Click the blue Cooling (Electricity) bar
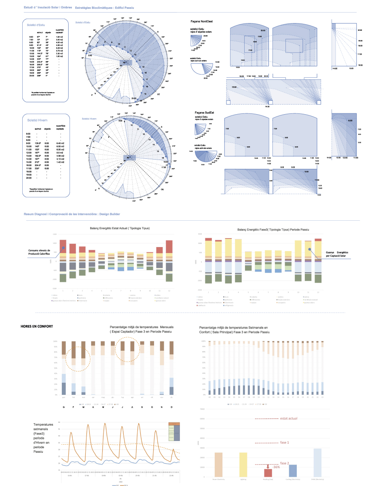(293, 470)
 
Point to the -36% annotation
(276, 467)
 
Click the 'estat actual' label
(288, 418)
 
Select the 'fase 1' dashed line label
(285, 443)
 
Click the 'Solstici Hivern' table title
(36, 119)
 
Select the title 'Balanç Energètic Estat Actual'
(114, 228)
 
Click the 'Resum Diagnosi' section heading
(72, 213)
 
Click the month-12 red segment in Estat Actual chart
(169, 246)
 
